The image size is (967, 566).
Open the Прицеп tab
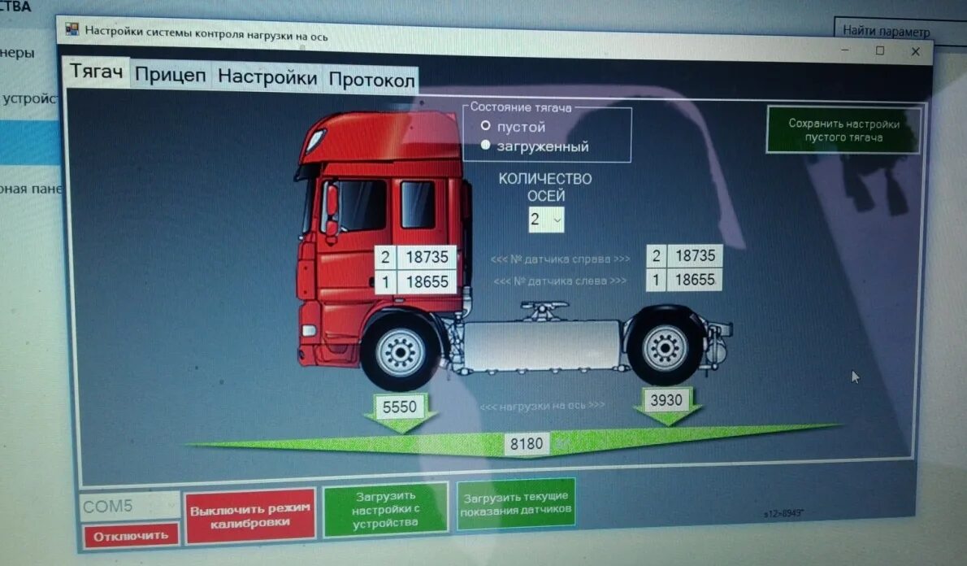[170, 76]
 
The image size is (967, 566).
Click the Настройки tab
[267, 78]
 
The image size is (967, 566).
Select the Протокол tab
[371, 81]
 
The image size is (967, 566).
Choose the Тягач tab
[96, 72]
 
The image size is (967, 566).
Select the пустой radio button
[486, 126]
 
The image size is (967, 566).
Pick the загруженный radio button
[486, 146]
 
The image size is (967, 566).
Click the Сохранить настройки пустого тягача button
[843, 131]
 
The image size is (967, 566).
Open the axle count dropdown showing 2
[546, 219]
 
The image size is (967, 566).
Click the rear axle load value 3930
[666, 400]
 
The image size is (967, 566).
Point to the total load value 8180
[527, 444]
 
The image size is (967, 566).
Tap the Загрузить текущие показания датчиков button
[516, 503]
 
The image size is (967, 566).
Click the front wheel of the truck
[401, 352]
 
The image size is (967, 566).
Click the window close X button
[916, 52]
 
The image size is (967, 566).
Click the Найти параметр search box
[898, 32]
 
